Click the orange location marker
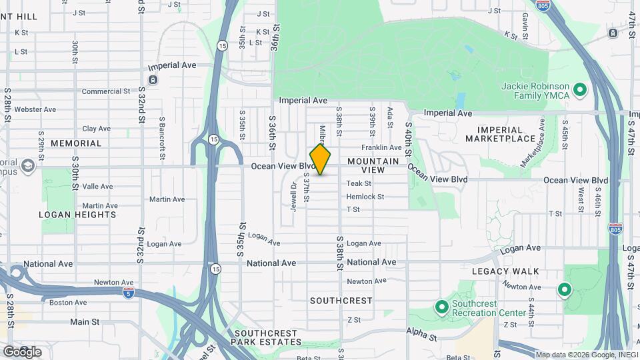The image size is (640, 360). click(321, 159)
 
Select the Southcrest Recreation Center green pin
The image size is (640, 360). click(441, 308)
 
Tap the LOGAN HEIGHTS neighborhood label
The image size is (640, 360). click(77, 215)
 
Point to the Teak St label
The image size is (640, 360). click(359, 183)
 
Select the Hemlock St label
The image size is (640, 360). click(365, 197)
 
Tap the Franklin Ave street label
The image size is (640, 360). click(381, 147)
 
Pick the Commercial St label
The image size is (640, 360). click(106, 91)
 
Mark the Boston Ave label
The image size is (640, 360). click(68, 302)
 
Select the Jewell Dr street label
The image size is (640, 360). click(293, 194)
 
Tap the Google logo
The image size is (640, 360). click(21, 351)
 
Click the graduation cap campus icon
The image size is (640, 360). click(27, 165)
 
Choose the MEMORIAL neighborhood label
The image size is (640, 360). click(76, 143)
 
